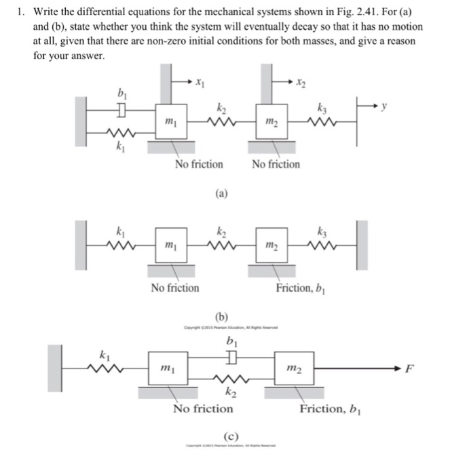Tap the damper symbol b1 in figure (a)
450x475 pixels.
[121, 109]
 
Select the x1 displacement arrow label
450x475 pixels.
[198, 84]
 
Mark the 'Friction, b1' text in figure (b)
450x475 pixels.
[302, 288]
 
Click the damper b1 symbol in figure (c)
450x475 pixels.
[231, 356]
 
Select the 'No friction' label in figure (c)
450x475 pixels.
[202, 408]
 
